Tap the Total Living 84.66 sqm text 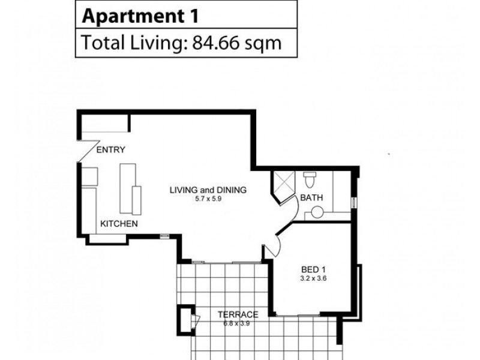click(x=181, y=43)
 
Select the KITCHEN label click(x=119, y=224)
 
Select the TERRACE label click(x=238, y=314)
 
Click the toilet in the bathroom click(x=310, y=179)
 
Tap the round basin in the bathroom click(x=317, y=212)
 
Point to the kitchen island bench click(x=128, y=188)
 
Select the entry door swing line click(x=88, y=149)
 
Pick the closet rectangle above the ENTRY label click(x=104, y=125)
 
